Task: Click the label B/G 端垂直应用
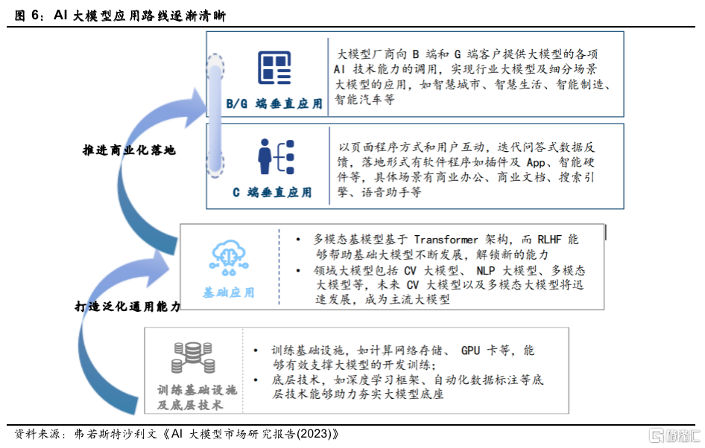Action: (274, 103)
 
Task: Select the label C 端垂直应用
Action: (272, 192)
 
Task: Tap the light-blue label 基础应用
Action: (228, 292)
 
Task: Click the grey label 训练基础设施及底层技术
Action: (197, 397)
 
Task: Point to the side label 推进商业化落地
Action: (129, 150)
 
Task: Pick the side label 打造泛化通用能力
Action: (127, 306)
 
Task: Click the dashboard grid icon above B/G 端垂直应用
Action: (274, 68)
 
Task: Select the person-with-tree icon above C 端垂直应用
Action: (276, 157)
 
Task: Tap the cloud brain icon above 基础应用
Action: (229, 257)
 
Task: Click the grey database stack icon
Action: (193, 358)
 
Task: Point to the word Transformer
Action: (446, 240)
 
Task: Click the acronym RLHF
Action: (549, 240)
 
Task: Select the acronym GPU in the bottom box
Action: (470, 351)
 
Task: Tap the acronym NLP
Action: (486, 271)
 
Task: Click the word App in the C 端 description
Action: (536, 162)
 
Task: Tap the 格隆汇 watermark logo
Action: (675, 435)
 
